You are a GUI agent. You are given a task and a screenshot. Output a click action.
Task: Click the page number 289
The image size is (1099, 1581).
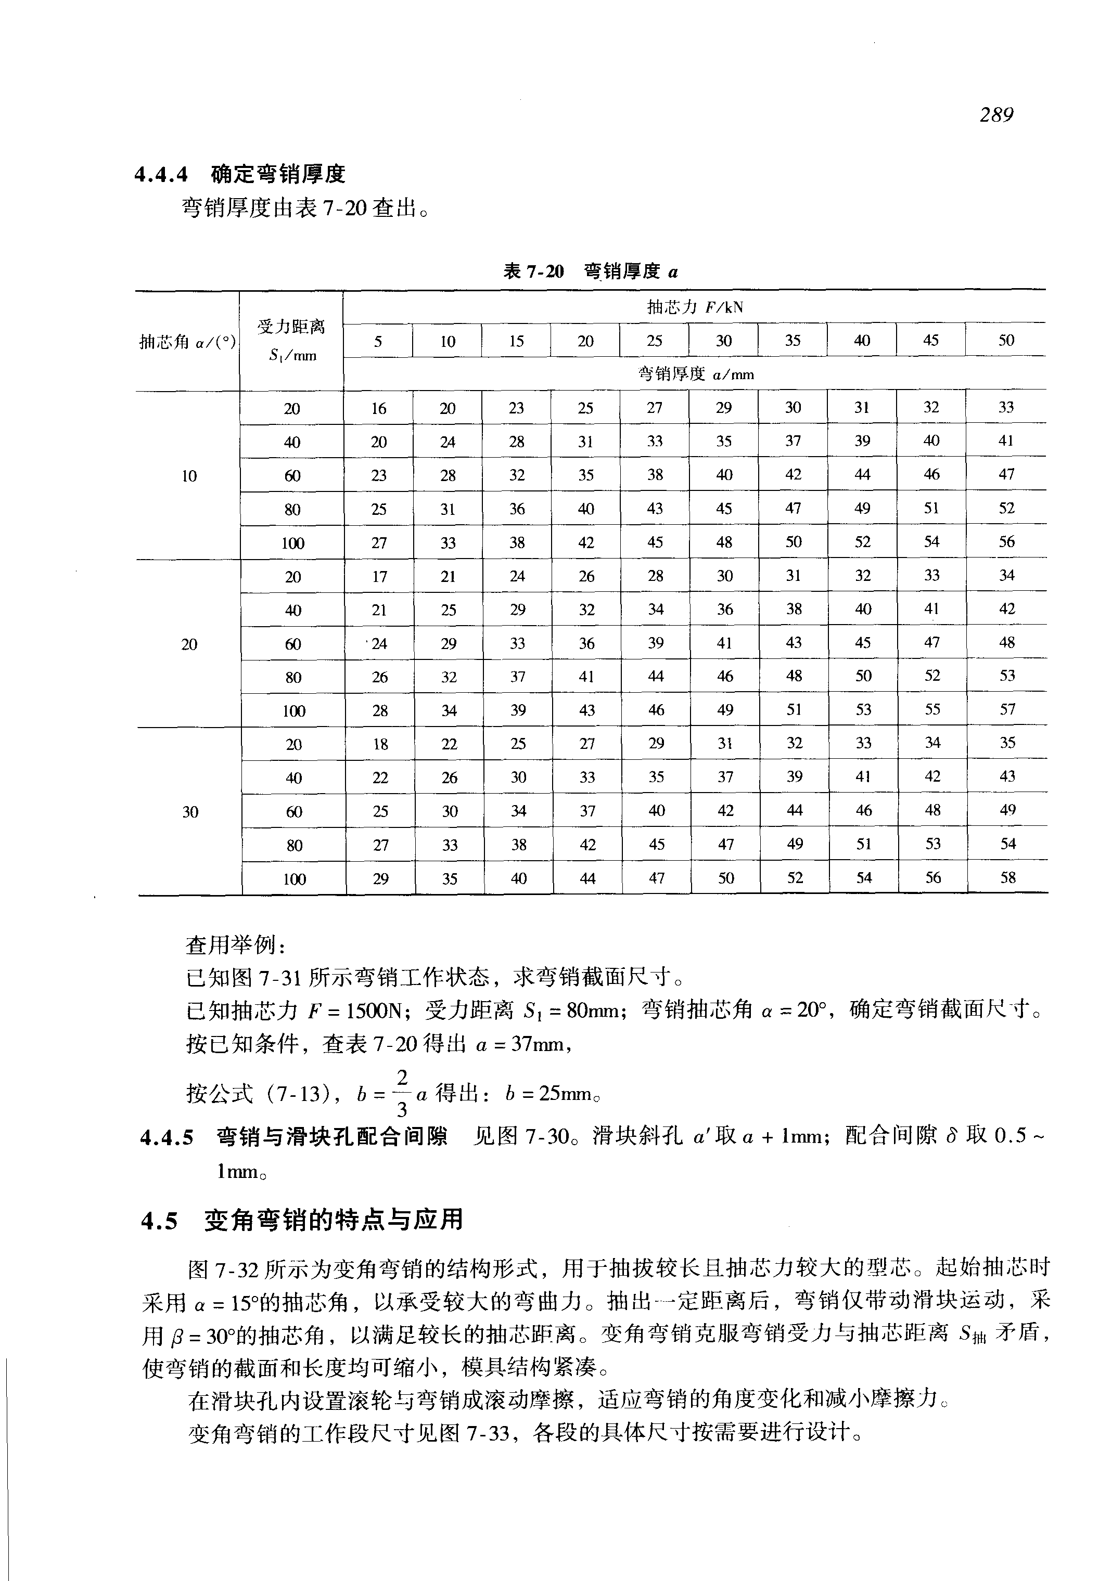pyautogui.click(x=996, y=114)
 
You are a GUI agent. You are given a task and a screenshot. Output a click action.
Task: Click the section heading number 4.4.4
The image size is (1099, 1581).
pyautogui.click(x=161, y=175)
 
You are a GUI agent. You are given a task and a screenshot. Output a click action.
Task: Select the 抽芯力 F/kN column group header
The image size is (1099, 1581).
pyautogui.click(x=694, y=307)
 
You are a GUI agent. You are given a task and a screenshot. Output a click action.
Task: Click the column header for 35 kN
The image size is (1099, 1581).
pyautogui.click(x=793, y=340)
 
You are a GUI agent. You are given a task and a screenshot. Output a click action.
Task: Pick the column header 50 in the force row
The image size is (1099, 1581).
pyautogui.click(x=1006, y=340)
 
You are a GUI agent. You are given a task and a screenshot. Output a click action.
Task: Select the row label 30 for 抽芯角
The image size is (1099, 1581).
pyautogui.click(x=190, y=811)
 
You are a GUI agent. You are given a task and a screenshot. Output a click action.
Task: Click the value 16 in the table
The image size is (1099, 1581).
pyautogui.click(x=379, y=408)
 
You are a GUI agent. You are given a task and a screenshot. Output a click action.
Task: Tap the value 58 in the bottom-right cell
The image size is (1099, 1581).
pyautogui.click(x=1007, y=877)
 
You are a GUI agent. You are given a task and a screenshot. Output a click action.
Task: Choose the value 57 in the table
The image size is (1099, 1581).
pyautogui.click(x=1007, y=709)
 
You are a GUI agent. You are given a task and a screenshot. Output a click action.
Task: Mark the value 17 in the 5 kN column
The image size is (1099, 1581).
pyautogui.click(x=379, y=576)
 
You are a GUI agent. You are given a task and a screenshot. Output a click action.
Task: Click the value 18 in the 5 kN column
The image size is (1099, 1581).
pyautogui.click(x=380, y=744)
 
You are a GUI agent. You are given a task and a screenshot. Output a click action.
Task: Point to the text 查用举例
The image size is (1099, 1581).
pyautogui.click(x=231, y=945)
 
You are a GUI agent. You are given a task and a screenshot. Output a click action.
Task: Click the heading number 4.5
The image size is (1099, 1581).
pyautogui.click(x=159, y=1221)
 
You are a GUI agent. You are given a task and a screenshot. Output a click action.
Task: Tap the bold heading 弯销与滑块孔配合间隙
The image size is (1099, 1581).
pyautogui.click(x=332, y=1136)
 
